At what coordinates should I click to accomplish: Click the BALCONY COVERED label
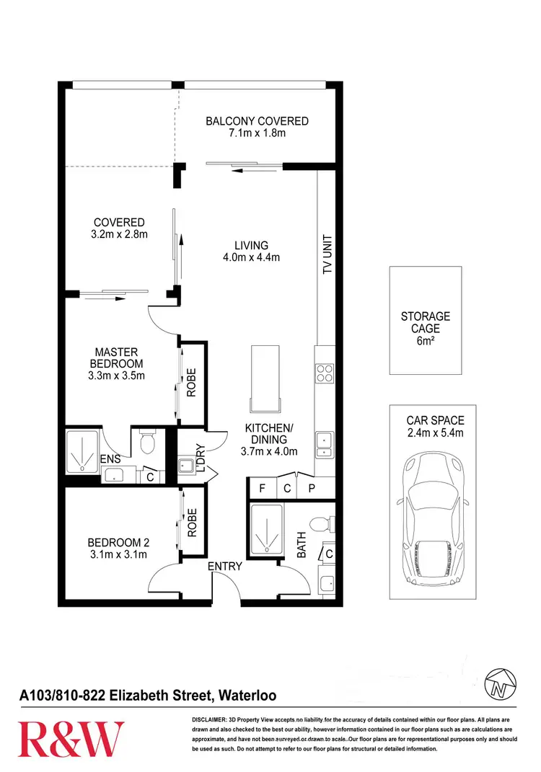tap(257, 121)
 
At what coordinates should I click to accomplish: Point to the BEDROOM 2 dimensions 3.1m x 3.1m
tap(117, 554)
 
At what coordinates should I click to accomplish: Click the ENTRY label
tap(225, 567)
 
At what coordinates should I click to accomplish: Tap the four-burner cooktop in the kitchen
tap(325, 373)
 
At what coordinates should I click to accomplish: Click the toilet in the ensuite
tap(148, 442)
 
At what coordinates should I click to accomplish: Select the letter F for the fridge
tap(263, 488)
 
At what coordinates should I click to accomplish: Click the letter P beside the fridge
tap(312, 488)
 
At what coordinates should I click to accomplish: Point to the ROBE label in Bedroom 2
tap(192, 524)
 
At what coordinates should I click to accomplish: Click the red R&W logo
tap(71, 740)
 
